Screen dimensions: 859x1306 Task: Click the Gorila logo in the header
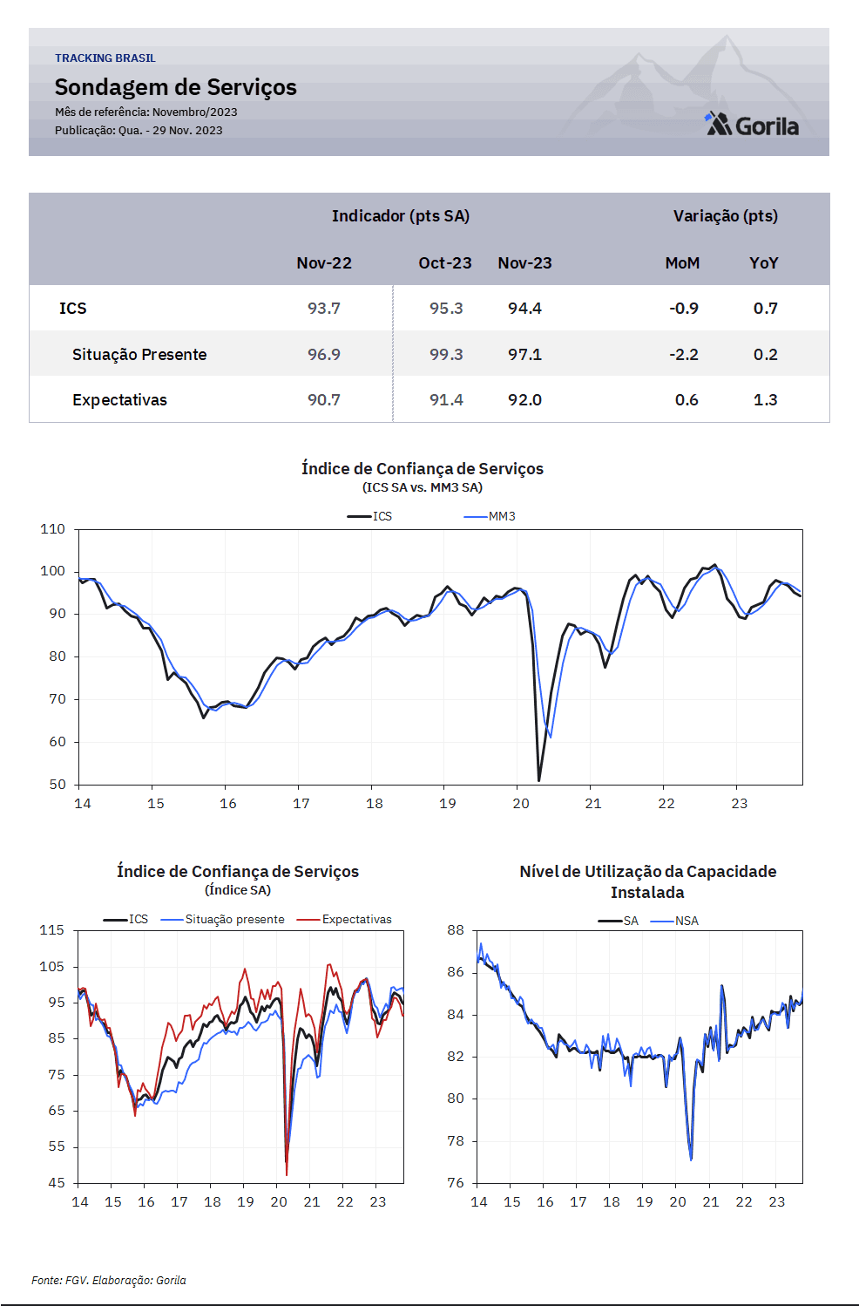(x=752, y=124)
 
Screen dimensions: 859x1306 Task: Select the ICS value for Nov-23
(x=524, y=309)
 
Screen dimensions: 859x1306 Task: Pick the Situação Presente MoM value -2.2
(x=684, y=355)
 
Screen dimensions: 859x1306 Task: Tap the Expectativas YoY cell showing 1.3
(x=765, y=400)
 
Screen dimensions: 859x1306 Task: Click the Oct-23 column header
(x=444, y=263)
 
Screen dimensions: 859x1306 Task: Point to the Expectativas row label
(x=119, y=400)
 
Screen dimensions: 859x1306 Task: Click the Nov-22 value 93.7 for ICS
(x=324, y=309)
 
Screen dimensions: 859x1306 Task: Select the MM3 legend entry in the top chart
(x=490, y=517)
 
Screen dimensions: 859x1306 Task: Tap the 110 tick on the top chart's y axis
(x=52, y=529)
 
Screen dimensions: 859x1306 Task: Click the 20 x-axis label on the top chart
(x=520, y=804)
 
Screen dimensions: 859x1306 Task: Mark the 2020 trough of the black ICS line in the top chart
(x=539, y=780)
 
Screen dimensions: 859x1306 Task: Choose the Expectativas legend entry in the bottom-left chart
(x=344, y=920)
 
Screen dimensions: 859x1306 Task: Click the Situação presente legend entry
(x=223, y=920)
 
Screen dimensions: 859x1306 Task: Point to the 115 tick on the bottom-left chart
(x=52, y=930)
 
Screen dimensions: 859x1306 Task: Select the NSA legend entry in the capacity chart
(x=674, y=922)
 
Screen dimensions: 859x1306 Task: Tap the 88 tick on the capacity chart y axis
(x=456, y=930)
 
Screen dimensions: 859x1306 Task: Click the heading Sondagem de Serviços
(x=175, y=87)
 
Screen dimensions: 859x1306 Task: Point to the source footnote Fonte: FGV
(x=109, y=1281)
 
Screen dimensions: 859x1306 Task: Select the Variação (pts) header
(x=726, y=216)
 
